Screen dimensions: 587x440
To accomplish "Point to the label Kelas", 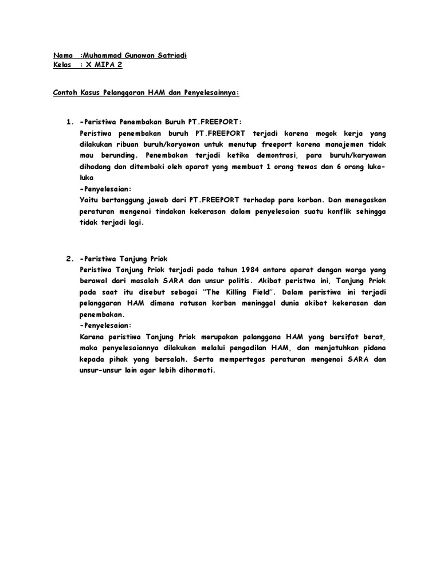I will point(62,65).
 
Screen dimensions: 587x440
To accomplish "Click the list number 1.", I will point(69,122).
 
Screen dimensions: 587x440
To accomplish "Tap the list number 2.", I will point(69,259).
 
